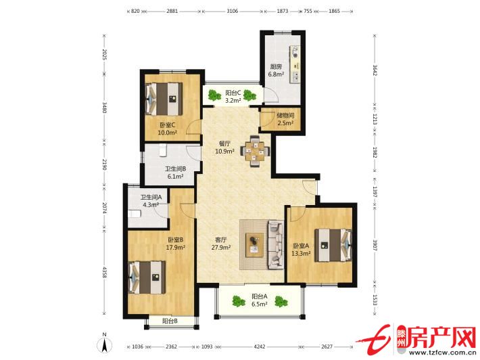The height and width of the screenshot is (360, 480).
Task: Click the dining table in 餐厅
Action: click(x=255, y=151)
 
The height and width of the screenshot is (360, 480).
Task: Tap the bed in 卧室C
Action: click(x=164, y=99)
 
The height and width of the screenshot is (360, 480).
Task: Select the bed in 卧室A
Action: click(x=333, y=246)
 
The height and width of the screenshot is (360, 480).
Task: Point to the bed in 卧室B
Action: click(x=147, y=277)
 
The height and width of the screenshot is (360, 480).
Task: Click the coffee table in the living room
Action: click(x=255, y=245)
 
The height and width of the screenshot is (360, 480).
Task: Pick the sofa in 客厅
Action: click(x=276, y=244)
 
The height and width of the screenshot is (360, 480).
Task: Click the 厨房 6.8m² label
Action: click(x=276, y=70)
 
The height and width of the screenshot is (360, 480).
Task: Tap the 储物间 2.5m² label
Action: click(x=285, y=119)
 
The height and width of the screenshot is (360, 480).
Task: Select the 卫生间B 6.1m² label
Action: click(x=175, y=173)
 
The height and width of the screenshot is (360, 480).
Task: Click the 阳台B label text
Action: click(x=170, y=321)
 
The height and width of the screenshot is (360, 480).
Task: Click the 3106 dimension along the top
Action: click(x=233, y=11)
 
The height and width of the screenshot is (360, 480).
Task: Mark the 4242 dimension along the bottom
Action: click(x=260, y=346)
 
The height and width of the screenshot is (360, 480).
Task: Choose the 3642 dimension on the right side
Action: click(x=375, y=70)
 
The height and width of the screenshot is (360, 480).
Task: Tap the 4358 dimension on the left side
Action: click(x=104, y=273)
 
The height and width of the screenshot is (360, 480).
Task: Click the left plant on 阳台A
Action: click(x=239, y=301)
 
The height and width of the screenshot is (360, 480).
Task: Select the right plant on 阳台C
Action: click(x=249, y=95)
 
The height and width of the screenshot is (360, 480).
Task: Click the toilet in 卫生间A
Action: click(x=135, y=214)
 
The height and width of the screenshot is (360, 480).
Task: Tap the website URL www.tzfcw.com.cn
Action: click(x=441, y=352)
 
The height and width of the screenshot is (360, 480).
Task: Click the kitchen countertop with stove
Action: click(x=295, y=64)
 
